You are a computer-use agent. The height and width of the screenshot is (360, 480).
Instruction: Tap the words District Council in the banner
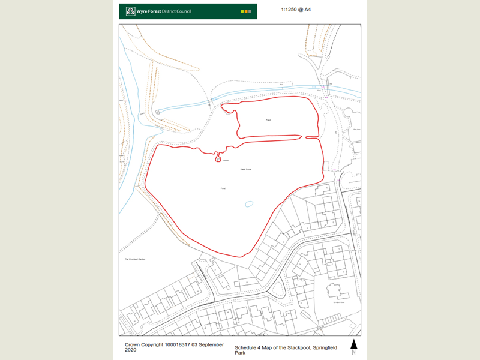[175, 11]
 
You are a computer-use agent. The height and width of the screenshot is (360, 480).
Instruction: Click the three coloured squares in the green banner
[246, 11]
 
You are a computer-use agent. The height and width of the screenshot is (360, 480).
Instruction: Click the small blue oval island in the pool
[249, 204]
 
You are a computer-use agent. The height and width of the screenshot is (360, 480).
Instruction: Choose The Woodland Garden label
[136, 259]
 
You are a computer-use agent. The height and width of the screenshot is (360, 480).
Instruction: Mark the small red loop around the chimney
[217, 157]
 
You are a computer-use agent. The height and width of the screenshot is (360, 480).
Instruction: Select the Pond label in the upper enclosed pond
[269, 120]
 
